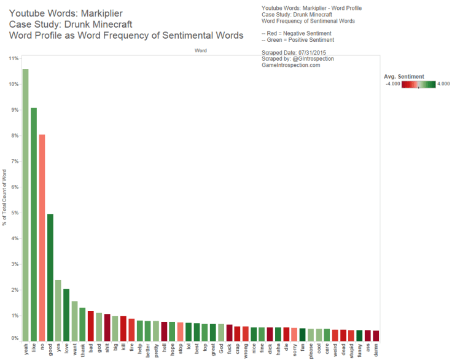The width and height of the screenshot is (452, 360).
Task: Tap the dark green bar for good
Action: pos(50,277)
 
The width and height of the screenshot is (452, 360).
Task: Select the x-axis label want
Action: pos(74,350)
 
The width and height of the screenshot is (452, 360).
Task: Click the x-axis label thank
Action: pos(83,351)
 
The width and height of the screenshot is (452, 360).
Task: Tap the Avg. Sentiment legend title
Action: pos(404,76)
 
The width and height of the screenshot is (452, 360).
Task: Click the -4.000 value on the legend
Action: pos(393,84)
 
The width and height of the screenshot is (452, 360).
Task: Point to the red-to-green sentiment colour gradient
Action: pos(419,84)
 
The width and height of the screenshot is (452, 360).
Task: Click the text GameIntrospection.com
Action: pos(290,65)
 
